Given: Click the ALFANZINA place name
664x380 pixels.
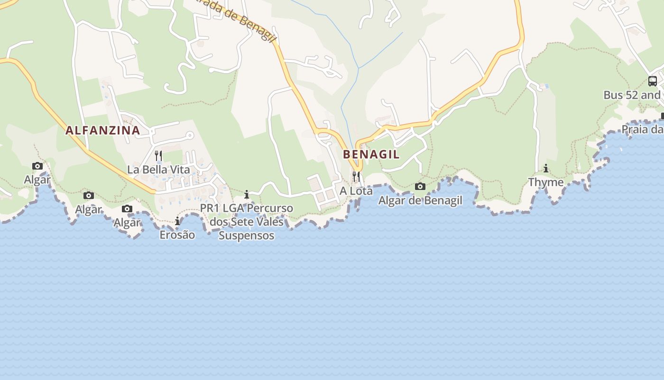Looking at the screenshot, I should pos(102,130).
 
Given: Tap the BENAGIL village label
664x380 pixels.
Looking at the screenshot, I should pos(371,154).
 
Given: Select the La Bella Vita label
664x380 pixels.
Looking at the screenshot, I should pos(158,170).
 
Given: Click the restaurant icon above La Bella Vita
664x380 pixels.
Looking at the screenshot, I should pos(158,155).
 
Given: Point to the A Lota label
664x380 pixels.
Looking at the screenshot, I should pos(356,191).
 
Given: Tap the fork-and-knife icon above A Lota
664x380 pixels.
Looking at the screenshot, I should pos(356,176).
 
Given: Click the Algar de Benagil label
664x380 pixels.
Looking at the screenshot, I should pos(420,200).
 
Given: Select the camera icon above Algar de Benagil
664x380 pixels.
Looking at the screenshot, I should pos(420,186).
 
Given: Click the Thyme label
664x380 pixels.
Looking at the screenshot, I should pos(546,182).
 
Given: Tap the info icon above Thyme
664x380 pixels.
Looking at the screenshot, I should pos(546,168).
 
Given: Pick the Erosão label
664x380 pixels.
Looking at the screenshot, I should pos(177,235).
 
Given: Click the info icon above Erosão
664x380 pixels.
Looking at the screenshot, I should pos(177,221).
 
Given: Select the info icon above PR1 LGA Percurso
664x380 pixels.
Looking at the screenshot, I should pos(247,194).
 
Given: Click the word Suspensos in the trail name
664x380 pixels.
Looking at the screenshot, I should pos(247,236).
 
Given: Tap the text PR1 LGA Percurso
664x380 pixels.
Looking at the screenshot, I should pos(247,209).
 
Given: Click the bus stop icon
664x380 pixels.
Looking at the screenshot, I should pos(653,81).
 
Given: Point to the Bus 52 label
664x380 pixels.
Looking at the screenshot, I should pos(632,95).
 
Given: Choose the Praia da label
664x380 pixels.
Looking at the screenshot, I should pos(642,129).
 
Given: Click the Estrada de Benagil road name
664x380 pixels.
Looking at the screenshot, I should pos(232,18).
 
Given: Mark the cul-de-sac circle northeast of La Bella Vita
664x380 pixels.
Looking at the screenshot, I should pos(190,135).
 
